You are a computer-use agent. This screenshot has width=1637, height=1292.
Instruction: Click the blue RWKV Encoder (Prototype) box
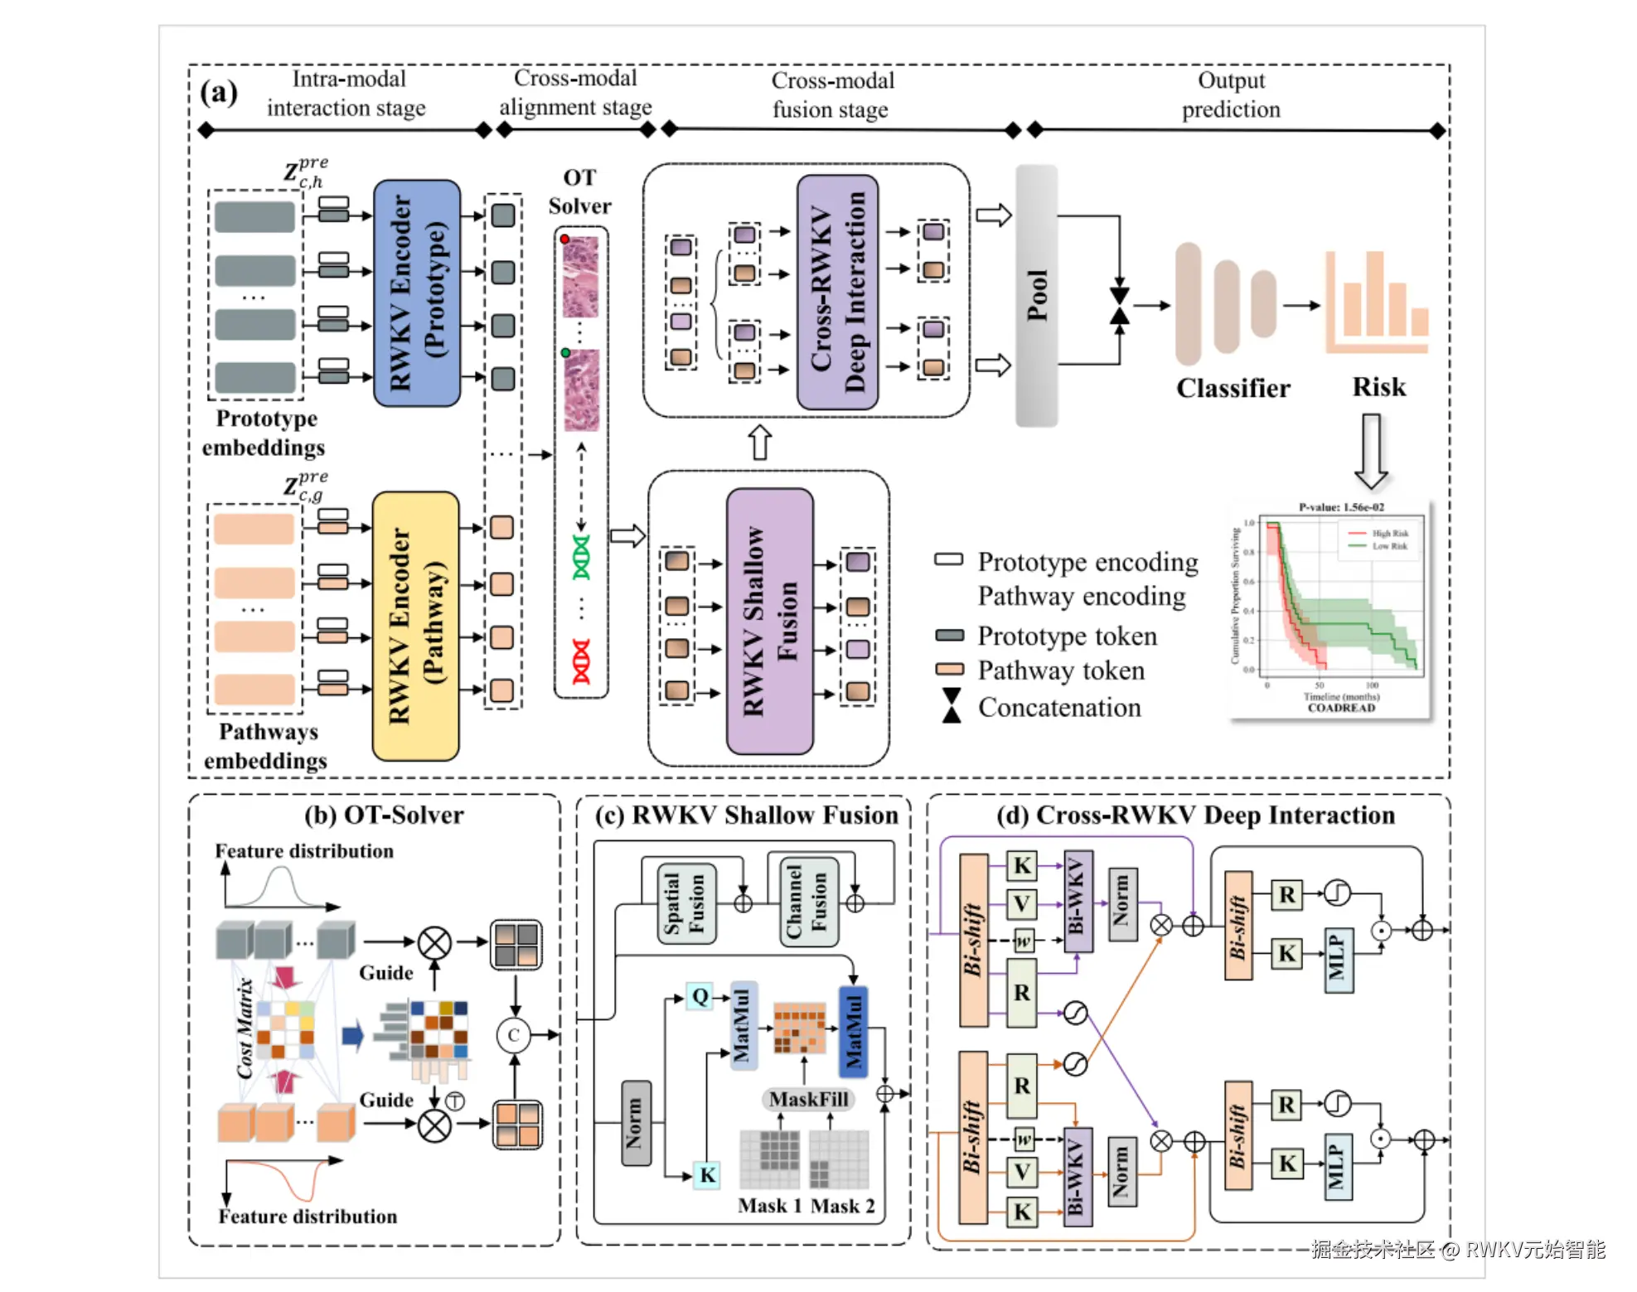417,293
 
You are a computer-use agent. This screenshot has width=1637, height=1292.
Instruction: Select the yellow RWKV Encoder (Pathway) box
415,627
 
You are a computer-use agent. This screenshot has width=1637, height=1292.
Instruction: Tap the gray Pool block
1037,295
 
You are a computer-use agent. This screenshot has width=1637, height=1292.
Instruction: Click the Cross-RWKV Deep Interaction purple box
837,292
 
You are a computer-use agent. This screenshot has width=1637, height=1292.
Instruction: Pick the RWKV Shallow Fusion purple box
769,621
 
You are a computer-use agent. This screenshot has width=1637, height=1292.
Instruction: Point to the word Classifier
1233,388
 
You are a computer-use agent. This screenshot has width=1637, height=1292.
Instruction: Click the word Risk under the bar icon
1378,387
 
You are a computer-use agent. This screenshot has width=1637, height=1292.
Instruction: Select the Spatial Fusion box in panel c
685,902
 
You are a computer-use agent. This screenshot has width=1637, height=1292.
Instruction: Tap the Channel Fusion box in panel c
808,902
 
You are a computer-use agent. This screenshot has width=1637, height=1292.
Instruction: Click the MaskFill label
808,1099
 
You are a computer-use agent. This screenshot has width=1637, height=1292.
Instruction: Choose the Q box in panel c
700,996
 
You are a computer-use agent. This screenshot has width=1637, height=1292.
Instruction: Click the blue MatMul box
853,1031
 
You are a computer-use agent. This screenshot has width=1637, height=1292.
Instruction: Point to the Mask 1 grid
769,1159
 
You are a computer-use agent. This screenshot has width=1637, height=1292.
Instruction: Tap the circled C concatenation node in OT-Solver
514,1035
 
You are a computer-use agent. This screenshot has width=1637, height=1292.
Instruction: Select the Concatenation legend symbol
952,706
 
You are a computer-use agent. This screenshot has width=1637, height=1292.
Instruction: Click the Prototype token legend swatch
949,636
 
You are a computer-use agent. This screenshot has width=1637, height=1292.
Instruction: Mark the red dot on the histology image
564,240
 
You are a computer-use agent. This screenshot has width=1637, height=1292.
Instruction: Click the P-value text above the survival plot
1341,507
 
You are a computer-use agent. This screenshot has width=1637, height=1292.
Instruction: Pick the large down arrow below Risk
1371,452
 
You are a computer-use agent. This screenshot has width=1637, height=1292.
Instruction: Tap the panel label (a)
219,92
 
